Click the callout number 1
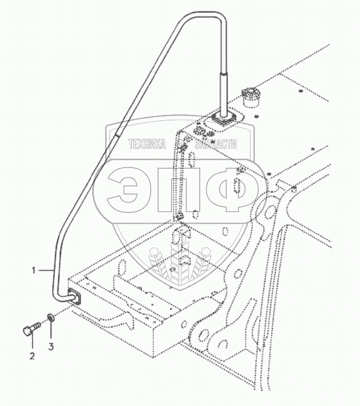pos(34,269)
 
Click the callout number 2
pos(32,356)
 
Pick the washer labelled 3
pos(50,317)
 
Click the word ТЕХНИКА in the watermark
pos(146,144)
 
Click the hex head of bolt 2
pos(27,330)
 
